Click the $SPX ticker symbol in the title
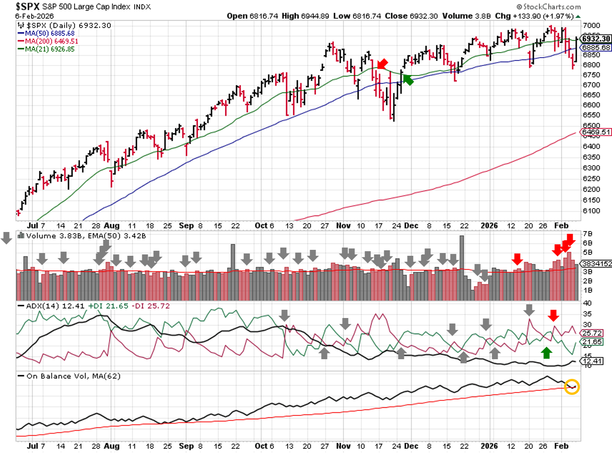tap(27, 6)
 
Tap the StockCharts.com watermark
tap(548, 6)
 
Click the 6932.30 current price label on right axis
tap(596, 39)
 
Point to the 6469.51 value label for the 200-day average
tap(596, 132)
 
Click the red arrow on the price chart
tap(382, 64)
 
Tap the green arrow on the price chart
tap(408, 80)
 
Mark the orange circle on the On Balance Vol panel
tap(572, 387)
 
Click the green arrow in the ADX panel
tap(547, 352)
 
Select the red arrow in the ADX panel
tap(553, 315)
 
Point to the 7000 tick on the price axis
tap(591, 26)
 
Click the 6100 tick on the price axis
tap(591, 211)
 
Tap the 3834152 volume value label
tap(596, 264)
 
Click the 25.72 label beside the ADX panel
tap(592, 333)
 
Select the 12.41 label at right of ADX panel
tap(592, 361)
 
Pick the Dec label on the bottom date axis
tap(411, 446)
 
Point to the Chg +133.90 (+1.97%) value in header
tap(534, 16)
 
